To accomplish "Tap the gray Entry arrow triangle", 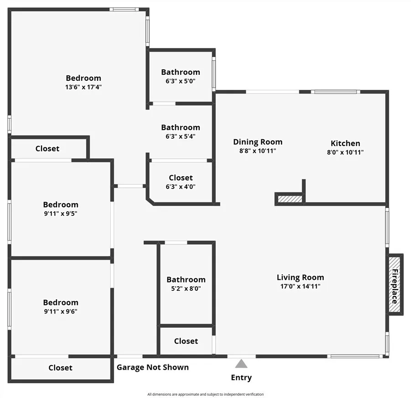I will (241, 364).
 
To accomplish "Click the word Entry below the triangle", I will (241, 377).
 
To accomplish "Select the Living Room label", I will (300, 277).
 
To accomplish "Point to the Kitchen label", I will (345, 143).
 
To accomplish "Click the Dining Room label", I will (258, 142).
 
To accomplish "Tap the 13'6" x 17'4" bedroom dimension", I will (83, 87).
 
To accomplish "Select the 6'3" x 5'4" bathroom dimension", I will (180, 136).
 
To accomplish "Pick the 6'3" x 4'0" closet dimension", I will (180, 186).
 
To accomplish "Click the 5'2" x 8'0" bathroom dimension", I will (186, 288).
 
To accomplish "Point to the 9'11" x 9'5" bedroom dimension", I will (61, 213).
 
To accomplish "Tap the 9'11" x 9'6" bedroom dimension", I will (61, 311).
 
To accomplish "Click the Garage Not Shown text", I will (152, 367).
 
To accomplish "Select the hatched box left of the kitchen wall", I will (290, 199).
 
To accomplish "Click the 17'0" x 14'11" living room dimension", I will (300, 286).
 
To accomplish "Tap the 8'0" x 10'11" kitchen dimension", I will (345, 152).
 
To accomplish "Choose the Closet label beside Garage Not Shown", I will (60, 367).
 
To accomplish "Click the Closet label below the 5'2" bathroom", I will (186, 341).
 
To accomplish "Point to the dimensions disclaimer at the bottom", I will (205, 394).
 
